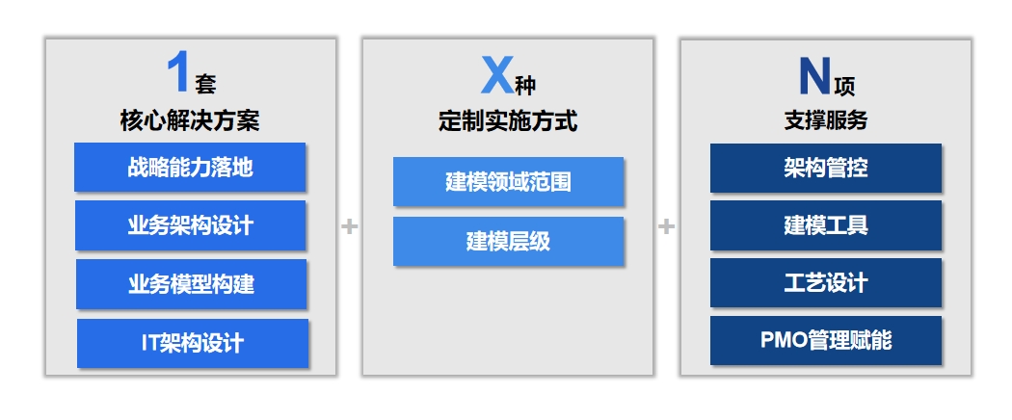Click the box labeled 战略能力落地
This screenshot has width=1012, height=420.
[x=190, y=167]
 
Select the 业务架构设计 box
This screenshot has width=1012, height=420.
[x=190, y=225]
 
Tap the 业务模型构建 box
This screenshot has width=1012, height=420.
[x=191, y=284]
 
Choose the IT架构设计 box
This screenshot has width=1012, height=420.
[x=192, y=343]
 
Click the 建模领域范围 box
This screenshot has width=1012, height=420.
[x=508, y=181]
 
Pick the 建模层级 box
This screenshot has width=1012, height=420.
[x=508, y=241]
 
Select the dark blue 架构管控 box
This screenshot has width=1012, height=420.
[x=825, y=168]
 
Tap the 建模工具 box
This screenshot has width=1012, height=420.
[x=825, y=225]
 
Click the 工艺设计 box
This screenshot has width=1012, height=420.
[x=825, y=283]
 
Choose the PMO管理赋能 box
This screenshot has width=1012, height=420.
[x=825, y=340]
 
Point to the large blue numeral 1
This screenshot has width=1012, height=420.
[x=177, y=73]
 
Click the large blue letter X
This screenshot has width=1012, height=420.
[x=496, y=76]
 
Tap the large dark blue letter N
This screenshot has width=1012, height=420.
[x=814, y=76]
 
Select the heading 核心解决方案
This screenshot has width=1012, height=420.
[x=190, y=120]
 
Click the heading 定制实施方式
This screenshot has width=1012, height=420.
[x=508, y=121]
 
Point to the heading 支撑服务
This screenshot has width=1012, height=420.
[x=825, y=121]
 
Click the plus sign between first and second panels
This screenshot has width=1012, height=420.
[x=349, y=226]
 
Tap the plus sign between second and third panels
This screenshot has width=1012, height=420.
[x=666, y=226]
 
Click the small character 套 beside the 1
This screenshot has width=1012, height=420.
[x=205, y=85]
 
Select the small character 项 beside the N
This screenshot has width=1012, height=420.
[x=844, y=87]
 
